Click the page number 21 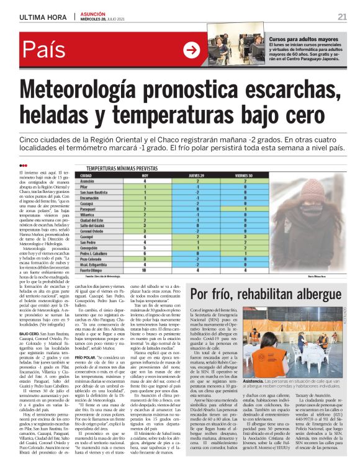tap(342, 17)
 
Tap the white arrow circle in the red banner tap(192, 50)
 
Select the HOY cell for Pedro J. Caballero tap(145, 254)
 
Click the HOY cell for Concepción tap(145, 248)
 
